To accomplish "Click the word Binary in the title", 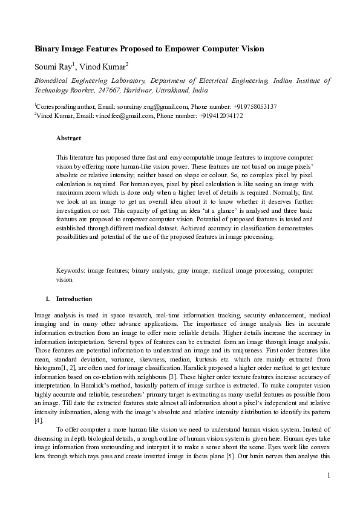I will point(47,48).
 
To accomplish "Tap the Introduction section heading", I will point(74,299).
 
